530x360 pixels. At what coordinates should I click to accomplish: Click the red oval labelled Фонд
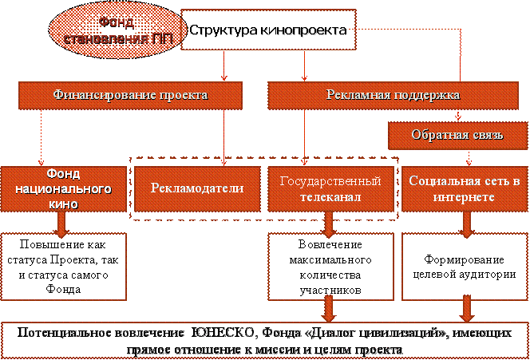(x=112, y=30)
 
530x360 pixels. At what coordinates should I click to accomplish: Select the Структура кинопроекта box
(x=267, y=30)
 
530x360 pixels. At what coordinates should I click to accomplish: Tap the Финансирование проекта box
(x=130, y=95)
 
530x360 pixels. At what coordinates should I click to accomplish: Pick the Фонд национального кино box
(x=62, y=188)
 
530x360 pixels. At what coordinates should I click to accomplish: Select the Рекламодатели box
(x=197, y=188)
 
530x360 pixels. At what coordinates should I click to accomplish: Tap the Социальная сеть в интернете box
(x=464, y=188)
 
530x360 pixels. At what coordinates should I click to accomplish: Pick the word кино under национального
(x=62, y=204)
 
